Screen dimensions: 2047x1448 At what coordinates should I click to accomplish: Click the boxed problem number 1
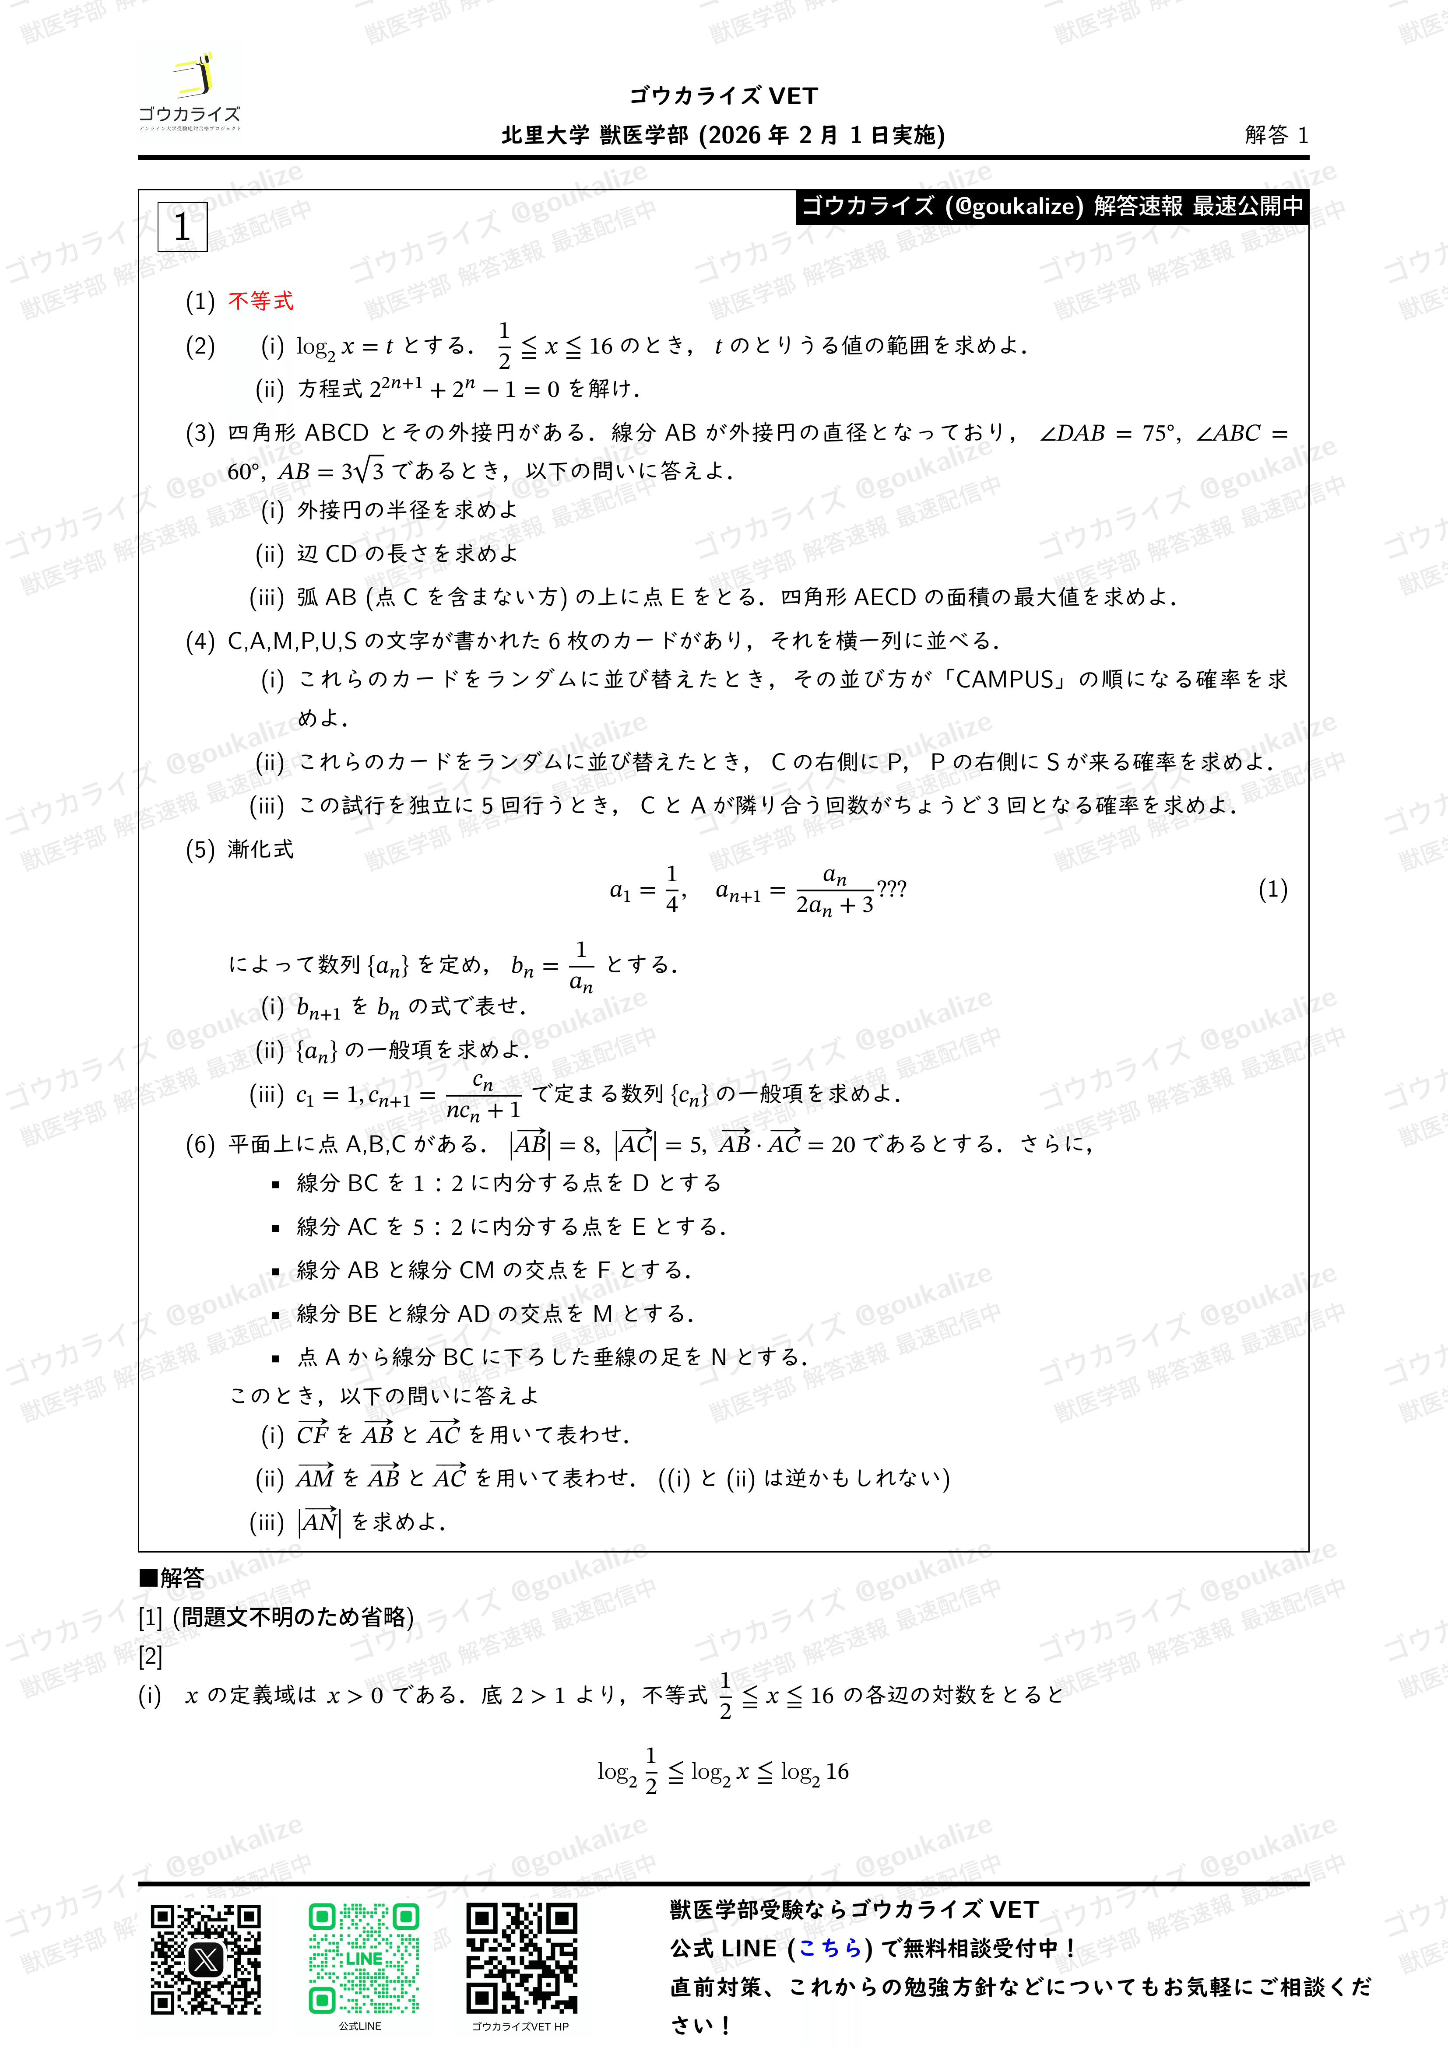(182, 228)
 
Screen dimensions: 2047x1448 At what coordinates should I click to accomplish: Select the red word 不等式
(260, 301)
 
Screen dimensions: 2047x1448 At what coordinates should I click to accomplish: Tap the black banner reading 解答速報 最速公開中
(1052, 206)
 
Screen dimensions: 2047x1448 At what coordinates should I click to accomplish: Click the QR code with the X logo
(206, 1959)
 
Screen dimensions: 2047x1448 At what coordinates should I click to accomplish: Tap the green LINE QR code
(364, 1959)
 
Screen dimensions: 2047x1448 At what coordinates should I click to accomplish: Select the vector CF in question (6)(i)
(313, 1434)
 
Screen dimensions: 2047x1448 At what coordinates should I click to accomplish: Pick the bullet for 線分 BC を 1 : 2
(276, 1185)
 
